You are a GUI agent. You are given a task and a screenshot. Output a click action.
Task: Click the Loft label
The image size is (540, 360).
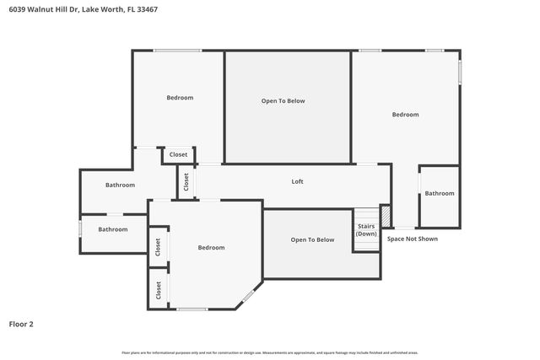click(297, 181)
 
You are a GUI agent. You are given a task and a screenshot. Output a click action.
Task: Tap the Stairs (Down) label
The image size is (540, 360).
click(366, 229)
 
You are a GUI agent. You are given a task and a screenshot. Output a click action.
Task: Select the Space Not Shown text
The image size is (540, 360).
click(412, 239)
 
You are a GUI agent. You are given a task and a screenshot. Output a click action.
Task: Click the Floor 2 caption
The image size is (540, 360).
click(21, 324)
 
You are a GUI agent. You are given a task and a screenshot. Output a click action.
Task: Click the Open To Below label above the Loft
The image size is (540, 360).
click(283, 101)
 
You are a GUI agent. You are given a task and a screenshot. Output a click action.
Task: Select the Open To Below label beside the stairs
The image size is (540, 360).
click(312, 239)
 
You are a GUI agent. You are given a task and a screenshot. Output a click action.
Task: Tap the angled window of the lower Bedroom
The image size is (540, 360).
click(249, 295)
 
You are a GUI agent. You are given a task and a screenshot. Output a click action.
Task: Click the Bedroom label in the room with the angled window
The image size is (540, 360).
click(211, 247)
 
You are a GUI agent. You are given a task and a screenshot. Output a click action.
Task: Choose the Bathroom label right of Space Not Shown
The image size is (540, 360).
click(439, 193)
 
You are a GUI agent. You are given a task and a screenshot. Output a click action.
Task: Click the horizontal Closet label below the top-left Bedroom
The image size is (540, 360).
click(179, 154)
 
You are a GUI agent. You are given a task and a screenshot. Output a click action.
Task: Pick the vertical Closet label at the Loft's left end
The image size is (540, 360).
click(186, 181)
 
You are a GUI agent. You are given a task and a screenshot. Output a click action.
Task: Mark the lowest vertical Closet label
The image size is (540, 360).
click(158, 289)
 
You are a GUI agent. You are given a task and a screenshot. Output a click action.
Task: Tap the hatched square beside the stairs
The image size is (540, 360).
click(386, 217)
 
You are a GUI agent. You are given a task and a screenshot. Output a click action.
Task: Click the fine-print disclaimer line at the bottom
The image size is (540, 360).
click(270, 352)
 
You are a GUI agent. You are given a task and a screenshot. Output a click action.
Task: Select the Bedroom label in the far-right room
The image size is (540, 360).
click(405, 115)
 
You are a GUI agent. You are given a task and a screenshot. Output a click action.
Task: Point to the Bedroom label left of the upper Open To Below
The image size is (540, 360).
click(180, 98)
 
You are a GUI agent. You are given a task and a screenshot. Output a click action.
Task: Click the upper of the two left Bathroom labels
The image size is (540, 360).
click(120, 185)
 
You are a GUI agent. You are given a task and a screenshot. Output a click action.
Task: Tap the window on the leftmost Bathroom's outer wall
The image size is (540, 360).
click(80, 228)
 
